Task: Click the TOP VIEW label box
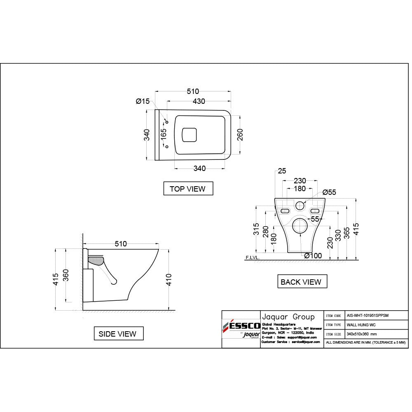pyautogui.click(x=187, y=189)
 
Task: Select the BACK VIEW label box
pyautogui.click(x=301, y=282)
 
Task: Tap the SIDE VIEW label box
pyautogui.click(x=117, y=334)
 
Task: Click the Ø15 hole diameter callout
pyautogui.click(x=143, y=101)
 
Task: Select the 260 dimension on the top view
pyautogui.click(x=240, y=135)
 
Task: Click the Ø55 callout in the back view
pyautogui.click(x=330, y=192)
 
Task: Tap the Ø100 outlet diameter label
pyautogui.click(x=313, y=256)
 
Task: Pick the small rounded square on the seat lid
pyautogui.click(x=190, y=134)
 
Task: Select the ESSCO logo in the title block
pyautogui.click(x=241, y=325)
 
